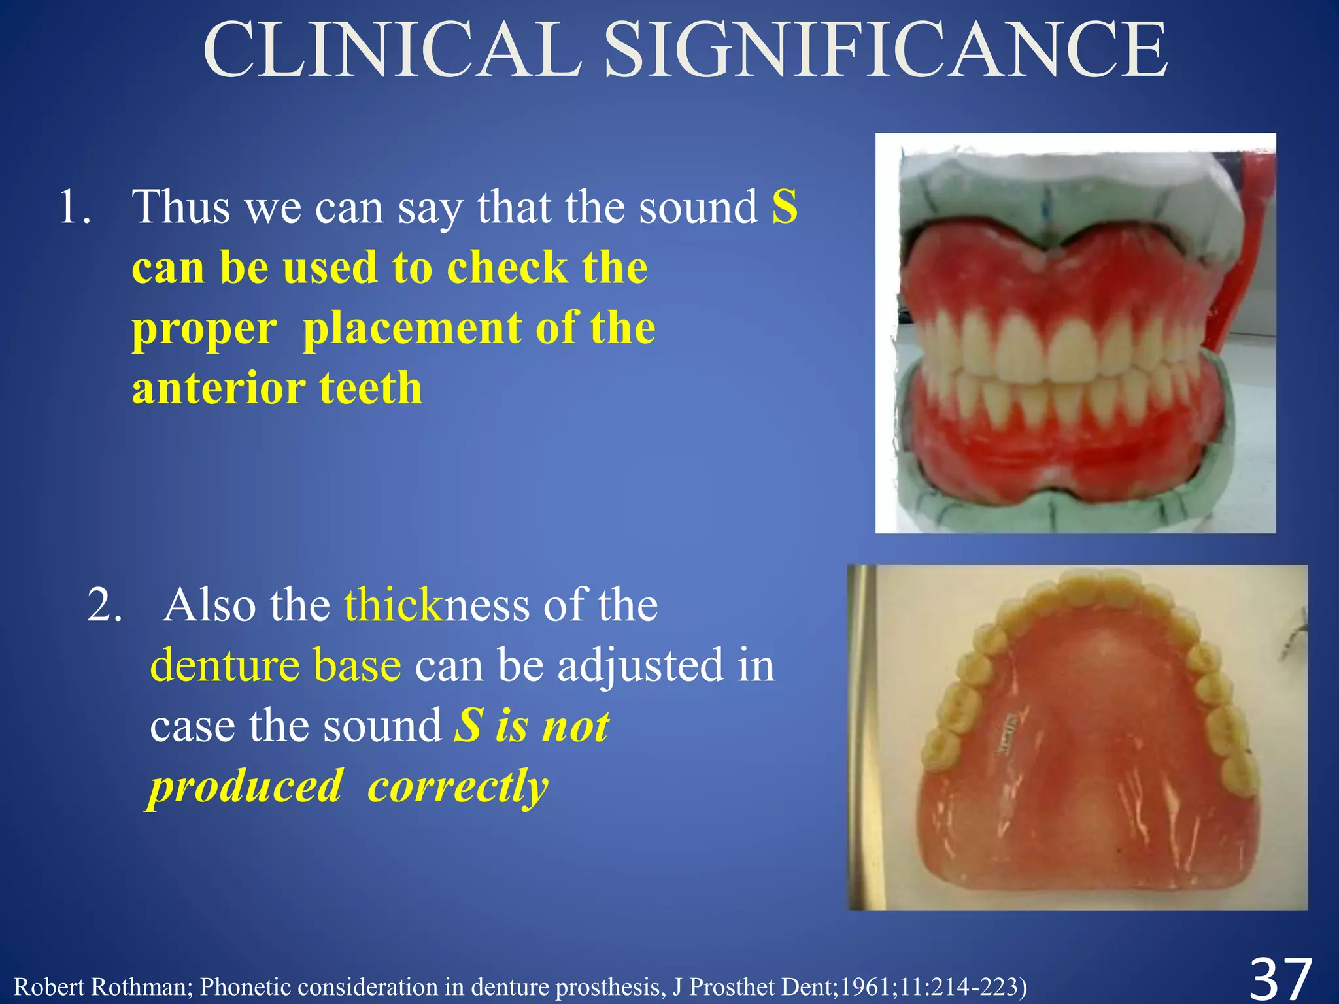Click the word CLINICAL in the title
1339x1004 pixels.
[392, 51]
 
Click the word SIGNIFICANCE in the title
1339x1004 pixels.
[886, 51]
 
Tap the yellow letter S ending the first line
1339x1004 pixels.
[785, 207]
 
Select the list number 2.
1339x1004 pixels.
[105, 606]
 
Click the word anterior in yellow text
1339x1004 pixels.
[216, 388]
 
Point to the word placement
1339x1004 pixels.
[412, 328]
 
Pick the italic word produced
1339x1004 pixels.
[246, 787]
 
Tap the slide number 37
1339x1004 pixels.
[1281, 978]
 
